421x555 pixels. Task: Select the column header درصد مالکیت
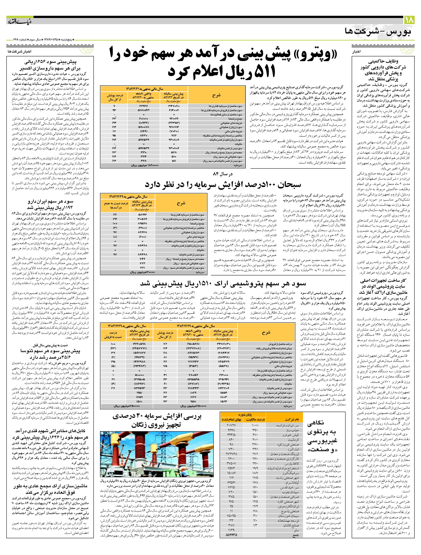click(255, 419)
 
